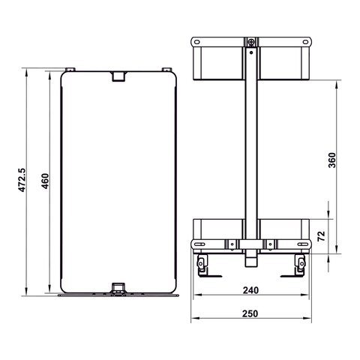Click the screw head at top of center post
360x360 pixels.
251,42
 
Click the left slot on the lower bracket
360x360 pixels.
199,244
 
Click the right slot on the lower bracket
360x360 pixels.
302,244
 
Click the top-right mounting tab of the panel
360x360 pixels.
163,70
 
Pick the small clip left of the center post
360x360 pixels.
233,244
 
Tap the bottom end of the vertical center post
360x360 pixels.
251,262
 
